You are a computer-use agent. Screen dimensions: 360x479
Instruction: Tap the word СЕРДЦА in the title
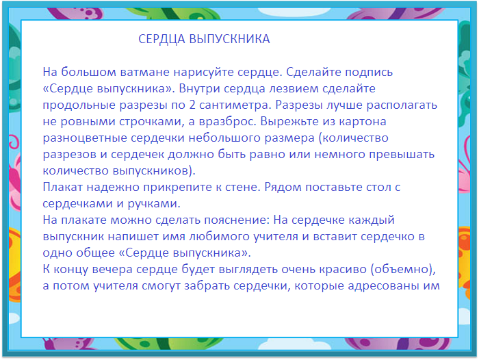tap(159, 39)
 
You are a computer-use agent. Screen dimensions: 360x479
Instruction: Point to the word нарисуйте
tap(203, 72)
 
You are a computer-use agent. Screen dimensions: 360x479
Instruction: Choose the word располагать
tap(400, 105)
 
